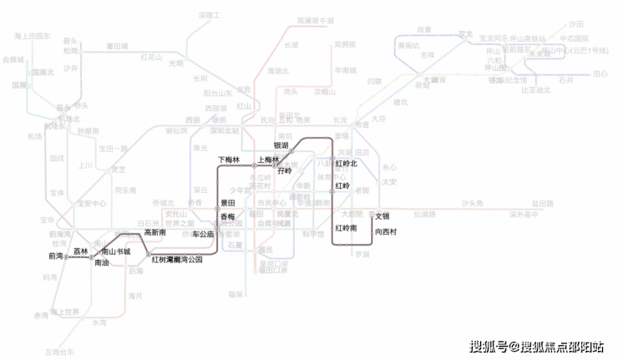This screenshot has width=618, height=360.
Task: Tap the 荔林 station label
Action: tap(80, 251)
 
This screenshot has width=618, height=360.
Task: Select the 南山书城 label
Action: tap(116, 251)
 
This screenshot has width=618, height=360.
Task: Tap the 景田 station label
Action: tap(227, 203)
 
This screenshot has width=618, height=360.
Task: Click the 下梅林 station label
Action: tap(229, 159)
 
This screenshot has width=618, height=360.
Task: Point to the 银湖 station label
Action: tap(281, 145)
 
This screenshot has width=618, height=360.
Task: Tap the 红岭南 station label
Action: tap(346, 228)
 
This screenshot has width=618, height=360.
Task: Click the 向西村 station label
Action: tap(386, 230)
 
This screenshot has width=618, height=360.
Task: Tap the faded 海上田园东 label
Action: tap(33, 37)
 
